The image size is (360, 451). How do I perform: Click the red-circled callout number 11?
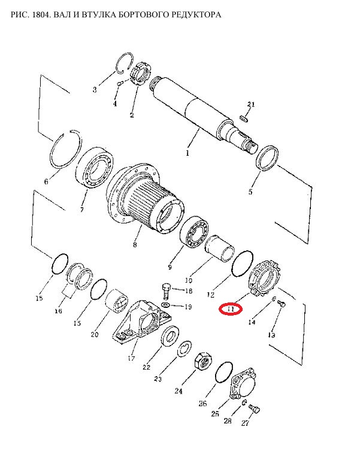tap(231, 309)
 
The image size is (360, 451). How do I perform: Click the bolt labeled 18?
tap(166, 291)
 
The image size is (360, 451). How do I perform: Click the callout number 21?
tap(251, 105)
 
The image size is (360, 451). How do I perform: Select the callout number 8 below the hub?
tap(135, 245)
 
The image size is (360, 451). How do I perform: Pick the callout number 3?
tap(95, 90)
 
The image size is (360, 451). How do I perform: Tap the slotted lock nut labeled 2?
tap(137, 77)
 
